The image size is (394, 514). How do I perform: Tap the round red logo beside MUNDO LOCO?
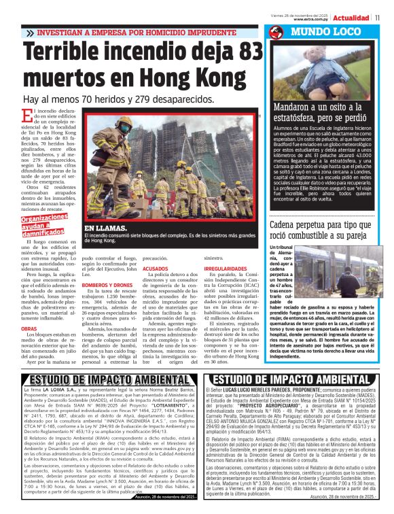click(x=275, y=33)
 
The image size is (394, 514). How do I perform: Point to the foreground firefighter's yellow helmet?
click(x=124, y=122)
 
